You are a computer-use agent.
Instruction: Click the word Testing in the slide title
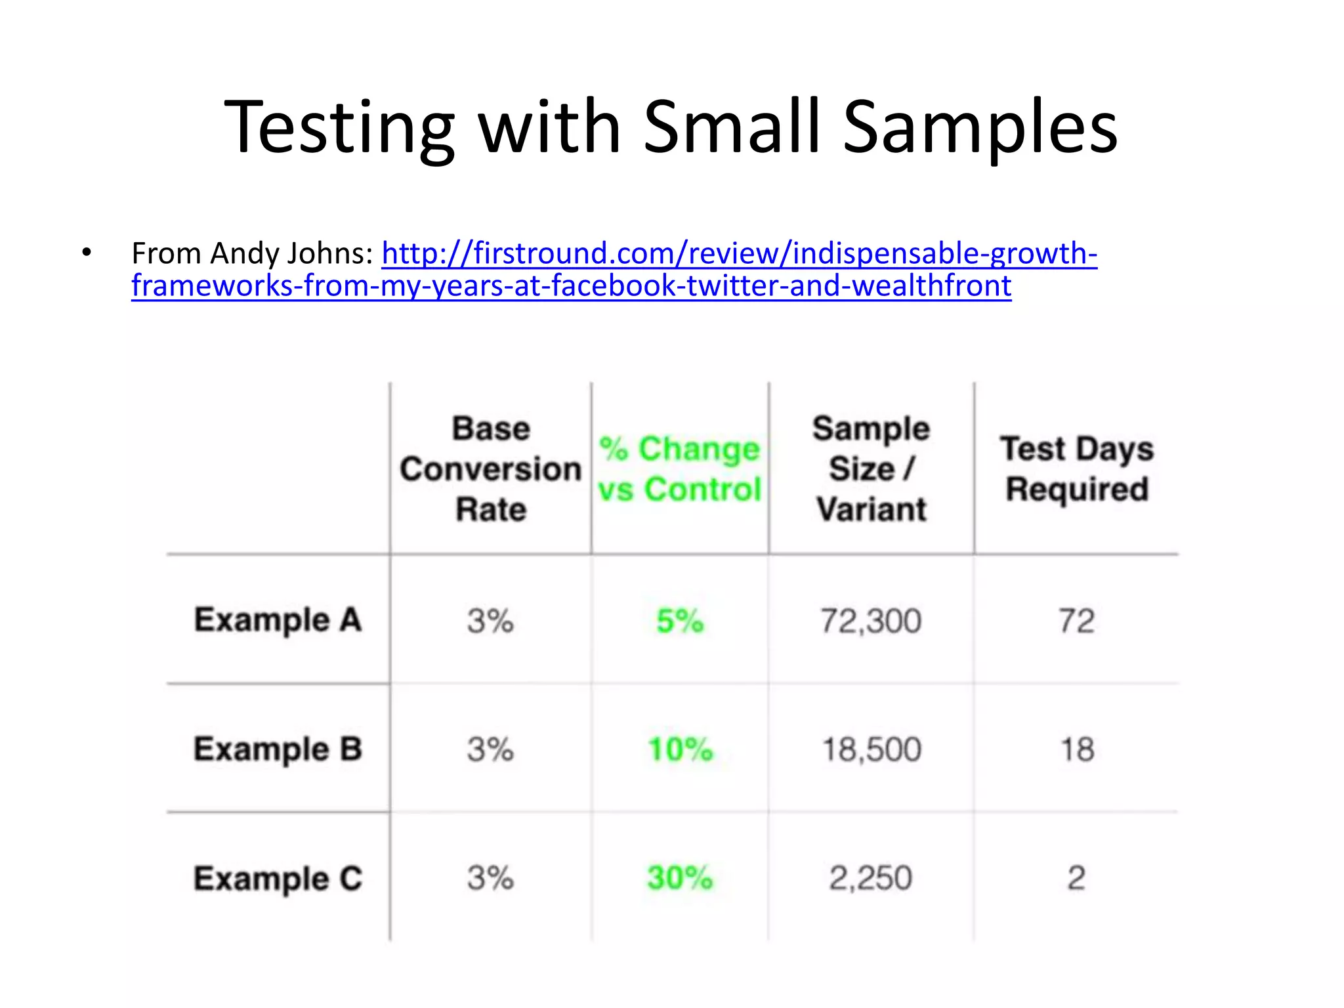(339, 128)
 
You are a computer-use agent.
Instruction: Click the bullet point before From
(87, 253)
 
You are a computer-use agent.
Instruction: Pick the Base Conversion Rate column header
(491, 469)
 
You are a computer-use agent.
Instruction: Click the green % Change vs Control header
(680, 469)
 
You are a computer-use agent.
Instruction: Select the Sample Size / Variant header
(871, 469)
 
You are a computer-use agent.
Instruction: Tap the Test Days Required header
(1076, 469)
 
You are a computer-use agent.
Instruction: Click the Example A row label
(278, 620)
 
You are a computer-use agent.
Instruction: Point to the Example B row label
(278, 749)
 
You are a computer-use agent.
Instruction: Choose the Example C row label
(278, 878)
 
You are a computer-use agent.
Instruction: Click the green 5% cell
(680, 621)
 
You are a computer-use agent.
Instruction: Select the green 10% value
(680, 749)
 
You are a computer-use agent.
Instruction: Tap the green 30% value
(680, 878)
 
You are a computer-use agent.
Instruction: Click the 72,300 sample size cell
(871, 621)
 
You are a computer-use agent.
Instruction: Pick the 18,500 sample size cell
(871, 749)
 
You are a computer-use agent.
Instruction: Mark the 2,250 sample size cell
(871, 878)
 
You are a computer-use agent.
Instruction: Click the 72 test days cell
(1076, 621)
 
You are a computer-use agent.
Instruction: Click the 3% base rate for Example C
(490, 878)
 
